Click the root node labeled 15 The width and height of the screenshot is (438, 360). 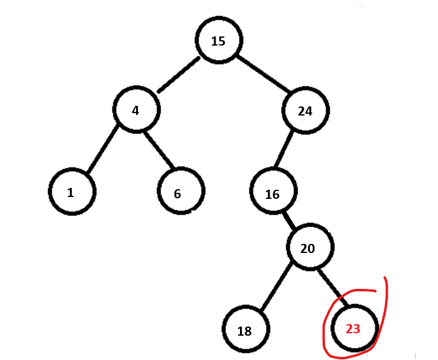click(x=219, y=41)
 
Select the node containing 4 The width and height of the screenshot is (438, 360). click(x=136, y=110)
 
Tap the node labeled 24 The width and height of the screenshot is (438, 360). click(x=305, y=111)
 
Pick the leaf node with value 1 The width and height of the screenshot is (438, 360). click(x=72, y=192)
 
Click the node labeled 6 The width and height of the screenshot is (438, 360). click(x=180, y=192)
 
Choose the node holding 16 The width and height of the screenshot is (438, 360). click(x=273, y=192)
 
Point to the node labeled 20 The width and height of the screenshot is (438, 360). click(x=310, y=248)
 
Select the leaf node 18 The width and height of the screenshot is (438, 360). click(x=245, y=330)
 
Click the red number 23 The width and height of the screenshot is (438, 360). click(x=353, y=329)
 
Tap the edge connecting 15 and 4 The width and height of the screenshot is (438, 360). click(x=179, y=75)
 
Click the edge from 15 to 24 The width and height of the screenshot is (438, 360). click(x=262, y=74)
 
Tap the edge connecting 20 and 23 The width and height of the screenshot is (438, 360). click(x=332, y=288)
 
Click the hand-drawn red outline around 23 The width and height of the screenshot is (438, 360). click(x=386, y=304)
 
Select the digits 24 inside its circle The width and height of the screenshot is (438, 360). click(x=305, y=111)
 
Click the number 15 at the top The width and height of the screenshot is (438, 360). click(x=218, y=41)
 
